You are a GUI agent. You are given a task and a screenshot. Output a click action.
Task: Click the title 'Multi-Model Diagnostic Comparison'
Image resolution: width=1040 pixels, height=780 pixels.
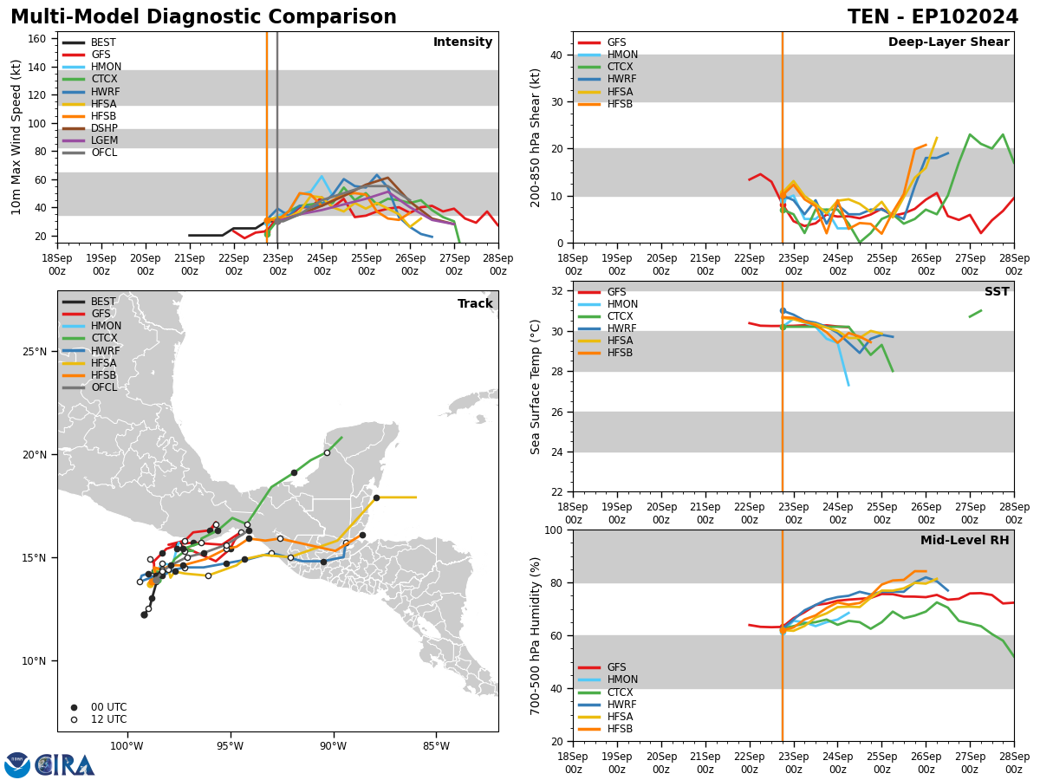[x=204, y=17]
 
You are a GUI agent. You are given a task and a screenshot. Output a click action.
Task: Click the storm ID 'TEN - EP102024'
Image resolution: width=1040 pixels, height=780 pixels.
[x=933, y=17]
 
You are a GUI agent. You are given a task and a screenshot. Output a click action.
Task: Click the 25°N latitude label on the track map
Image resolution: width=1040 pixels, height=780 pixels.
[x=35, y=352]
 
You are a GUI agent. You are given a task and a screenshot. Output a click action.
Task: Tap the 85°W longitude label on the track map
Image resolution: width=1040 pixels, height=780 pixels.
[x=435, y=746]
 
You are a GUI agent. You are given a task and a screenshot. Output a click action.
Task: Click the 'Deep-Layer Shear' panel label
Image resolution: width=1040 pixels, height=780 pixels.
[x=948, y=42]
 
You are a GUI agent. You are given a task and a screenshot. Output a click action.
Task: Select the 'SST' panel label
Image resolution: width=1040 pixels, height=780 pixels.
[x=996, y=292]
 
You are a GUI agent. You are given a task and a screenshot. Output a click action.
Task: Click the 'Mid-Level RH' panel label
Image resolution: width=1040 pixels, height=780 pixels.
[x=964, y=541]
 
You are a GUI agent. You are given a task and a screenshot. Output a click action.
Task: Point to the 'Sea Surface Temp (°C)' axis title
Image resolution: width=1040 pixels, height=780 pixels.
[x=536, y=387]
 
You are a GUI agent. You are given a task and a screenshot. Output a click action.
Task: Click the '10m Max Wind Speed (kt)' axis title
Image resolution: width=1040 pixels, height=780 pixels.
[x=15, y=137]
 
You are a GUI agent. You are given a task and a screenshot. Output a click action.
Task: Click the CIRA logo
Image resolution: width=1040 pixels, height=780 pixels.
[x=65, y=765]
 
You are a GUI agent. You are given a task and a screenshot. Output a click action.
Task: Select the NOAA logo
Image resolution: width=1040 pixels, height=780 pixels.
[x=17, y=765]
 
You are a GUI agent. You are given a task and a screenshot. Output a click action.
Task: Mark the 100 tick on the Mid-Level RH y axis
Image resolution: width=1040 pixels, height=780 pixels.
[x=552, y=530]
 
